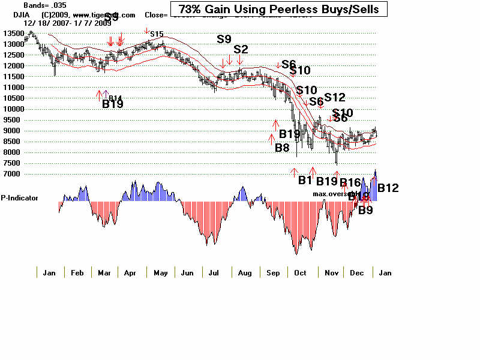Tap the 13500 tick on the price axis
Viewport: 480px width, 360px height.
point(12,33)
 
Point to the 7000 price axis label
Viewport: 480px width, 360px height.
point(12,174)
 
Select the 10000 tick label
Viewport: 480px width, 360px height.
point(12,109)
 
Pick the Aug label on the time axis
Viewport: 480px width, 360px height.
point(245,273)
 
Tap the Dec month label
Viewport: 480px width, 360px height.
point(356,273)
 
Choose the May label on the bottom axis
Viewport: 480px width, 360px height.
point(161,273)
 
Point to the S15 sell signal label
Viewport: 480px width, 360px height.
point(157,35)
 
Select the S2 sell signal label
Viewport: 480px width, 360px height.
point(241,49)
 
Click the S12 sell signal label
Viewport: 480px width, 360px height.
point(335,98)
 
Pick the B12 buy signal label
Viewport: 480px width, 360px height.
point(388,188)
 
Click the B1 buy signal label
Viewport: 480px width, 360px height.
point(305,180)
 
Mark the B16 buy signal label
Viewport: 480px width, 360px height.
point(350,182)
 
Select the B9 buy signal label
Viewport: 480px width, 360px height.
point(365,210)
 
